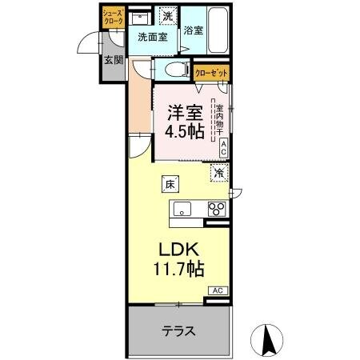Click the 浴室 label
(193, 31)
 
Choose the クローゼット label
(211, 73)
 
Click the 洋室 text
(184, 113)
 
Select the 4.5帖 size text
(186, 132)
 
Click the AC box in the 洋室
(224, 146)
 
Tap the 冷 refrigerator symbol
(218, 172)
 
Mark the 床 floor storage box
(170, 184)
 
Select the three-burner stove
(215, 210)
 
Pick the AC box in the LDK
(218, 290)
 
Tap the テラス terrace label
(179, 330)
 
